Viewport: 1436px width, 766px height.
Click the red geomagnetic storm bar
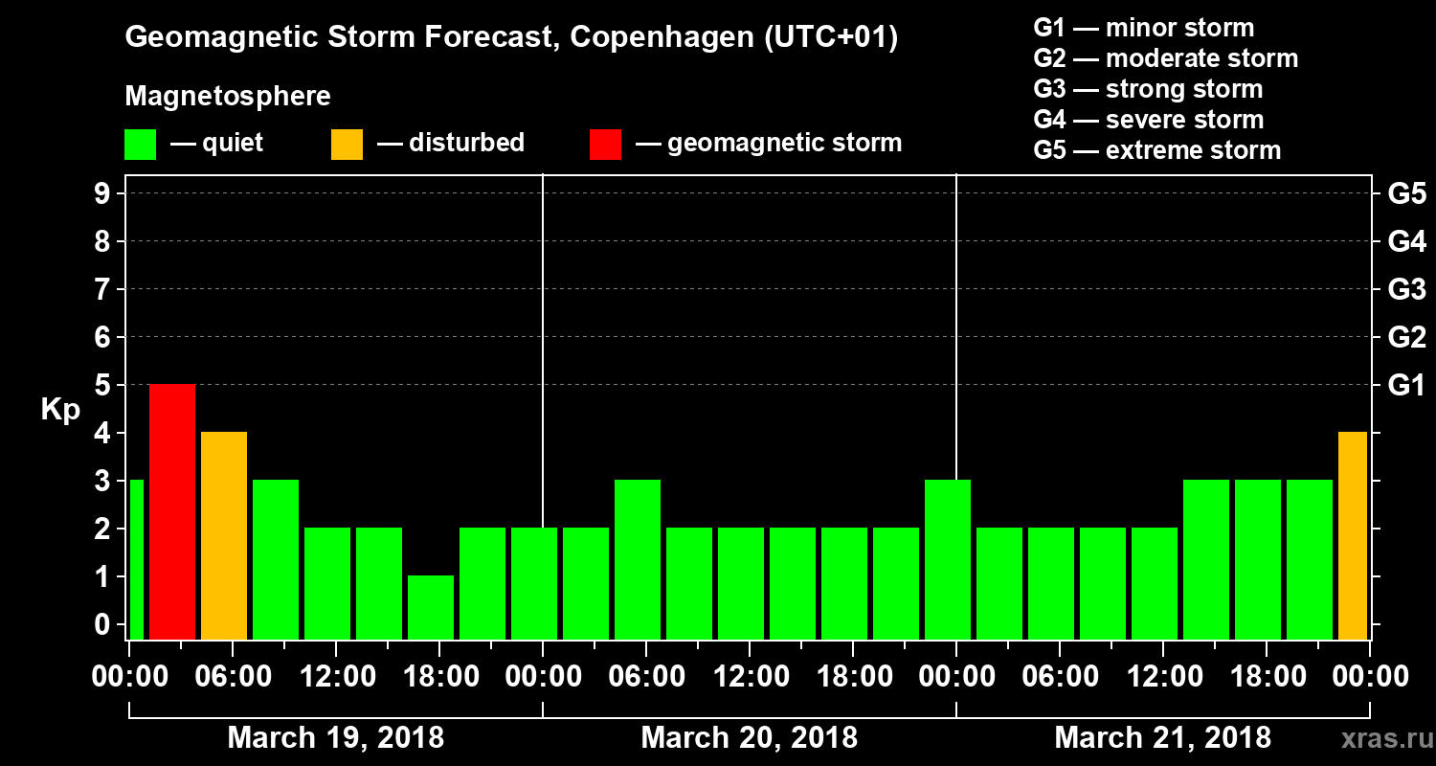[x=172, y=511]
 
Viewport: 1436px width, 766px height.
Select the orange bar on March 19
[x=224, y=535]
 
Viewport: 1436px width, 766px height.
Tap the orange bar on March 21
[x=1352, y=535]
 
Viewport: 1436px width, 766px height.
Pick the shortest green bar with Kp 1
[x=431, y=607]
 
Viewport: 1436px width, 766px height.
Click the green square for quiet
[x=140, y=145]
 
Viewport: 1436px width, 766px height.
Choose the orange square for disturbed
[x=347, y=145]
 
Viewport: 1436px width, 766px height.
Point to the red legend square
[x=605, y=145]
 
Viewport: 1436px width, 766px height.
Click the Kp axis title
[x=59, y=410]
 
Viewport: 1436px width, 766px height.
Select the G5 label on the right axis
[x=1406, y=193]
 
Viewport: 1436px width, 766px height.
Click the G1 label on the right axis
[x=1406, y=385]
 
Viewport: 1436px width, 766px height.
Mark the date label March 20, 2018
[x=749, y=738]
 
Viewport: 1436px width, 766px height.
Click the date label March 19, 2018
[x=335, y=738]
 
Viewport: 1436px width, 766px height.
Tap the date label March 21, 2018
[x=1162, y=738]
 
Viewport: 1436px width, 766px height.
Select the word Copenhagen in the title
[x=656, y=38]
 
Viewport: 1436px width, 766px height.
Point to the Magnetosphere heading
[x=228, y=97]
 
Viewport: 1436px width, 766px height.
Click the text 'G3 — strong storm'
[x=1148, y=89]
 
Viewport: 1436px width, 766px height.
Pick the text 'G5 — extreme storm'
[x=1156, y=150]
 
